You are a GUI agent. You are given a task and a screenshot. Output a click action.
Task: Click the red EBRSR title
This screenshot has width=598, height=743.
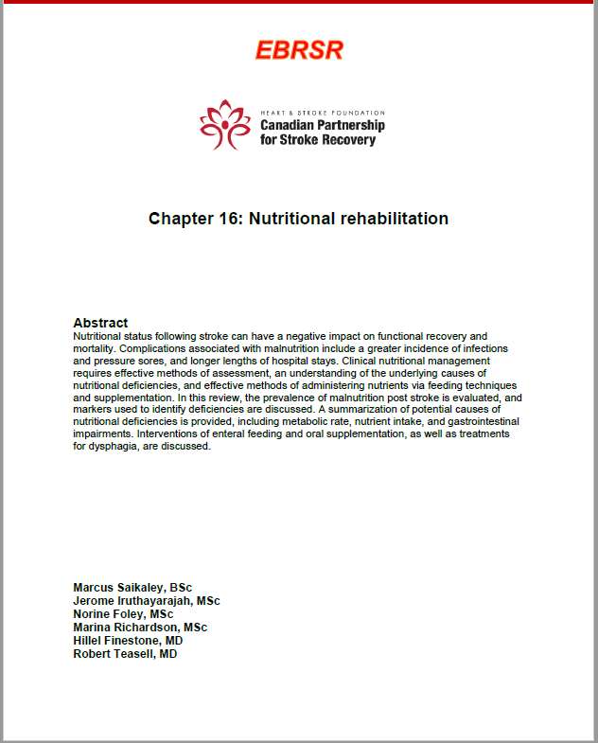point(299,50)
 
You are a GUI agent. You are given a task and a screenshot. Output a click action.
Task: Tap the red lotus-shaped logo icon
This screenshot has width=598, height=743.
point(224,124)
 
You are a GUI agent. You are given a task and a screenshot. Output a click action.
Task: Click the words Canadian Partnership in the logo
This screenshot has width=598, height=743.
point(323,126)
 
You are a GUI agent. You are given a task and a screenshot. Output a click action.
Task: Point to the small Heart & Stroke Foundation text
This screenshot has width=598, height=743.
point(323,112)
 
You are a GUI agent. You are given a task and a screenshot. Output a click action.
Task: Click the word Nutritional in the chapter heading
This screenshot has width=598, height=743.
point(292,219)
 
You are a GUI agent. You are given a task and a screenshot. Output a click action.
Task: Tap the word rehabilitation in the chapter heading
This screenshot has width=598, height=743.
point(395,219)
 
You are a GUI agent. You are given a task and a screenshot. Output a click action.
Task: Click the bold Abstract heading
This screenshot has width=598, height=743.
point(100,323)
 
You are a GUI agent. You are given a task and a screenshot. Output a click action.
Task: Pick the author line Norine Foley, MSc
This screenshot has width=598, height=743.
point(123,614)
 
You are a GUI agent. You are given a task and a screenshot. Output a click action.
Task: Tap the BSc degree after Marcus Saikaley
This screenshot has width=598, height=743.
point(181,588)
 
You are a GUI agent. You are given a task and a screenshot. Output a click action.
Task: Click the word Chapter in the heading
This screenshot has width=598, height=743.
point(182,219)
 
